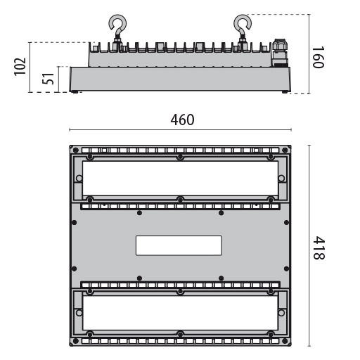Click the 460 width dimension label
pos(182,120)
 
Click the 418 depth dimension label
pos(319,247)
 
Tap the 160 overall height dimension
pos(318,58)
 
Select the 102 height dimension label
pos(20,66)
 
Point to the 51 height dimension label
pos(48,79)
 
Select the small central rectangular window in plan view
pos(179,245)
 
